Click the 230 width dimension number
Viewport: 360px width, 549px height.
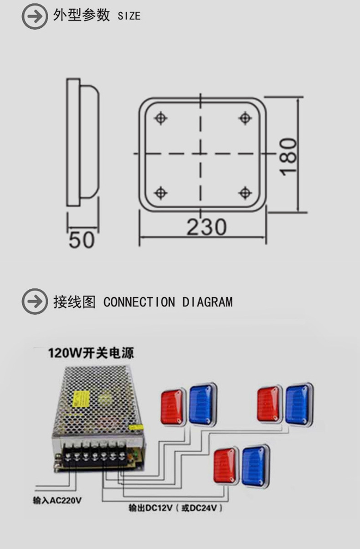tap(206, 227)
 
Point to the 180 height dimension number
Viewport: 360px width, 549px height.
tap(288, 157)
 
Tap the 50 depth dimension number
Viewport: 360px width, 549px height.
tap(82, 240)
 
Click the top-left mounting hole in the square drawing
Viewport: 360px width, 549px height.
tap(160, 118)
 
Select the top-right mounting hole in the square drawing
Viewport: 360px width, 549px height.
tap(245, 118)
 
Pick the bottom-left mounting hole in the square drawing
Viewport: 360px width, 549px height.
tap(160, 193)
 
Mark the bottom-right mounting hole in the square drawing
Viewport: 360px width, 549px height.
tap(245, 193)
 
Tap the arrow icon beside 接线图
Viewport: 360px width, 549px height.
tap(35, 301)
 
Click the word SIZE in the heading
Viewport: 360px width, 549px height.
tap(129, 16)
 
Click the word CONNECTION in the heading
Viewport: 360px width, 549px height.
tap(139, 302)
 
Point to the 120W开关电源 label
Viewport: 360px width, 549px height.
tap(91, 353)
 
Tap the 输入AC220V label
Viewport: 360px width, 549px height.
tap(57, 500)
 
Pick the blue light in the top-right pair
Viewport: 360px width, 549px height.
tap(298, 404)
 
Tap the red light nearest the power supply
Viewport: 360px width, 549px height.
tap(173, 406)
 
